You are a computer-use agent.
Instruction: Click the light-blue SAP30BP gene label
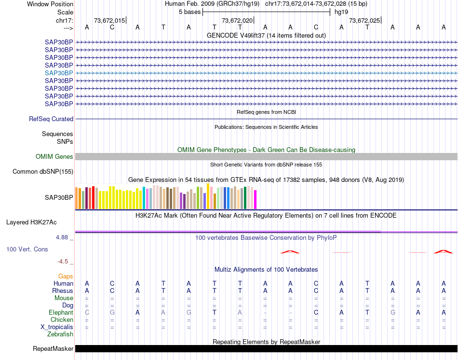[59, 73]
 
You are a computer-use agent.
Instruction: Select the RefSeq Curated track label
[51, 119]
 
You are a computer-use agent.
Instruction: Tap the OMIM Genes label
[54, 157]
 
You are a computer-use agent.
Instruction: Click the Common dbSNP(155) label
[43, 172]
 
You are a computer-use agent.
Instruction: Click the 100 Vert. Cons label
[27, 249]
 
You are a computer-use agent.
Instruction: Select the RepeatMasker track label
[53, 349]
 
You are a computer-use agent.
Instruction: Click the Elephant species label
[61, 313]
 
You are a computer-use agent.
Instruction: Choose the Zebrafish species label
[60, 334]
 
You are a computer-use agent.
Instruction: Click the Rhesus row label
[63, 291]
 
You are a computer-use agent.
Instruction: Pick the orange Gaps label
[66, 276]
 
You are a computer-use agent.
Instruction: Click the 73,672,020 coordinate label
[237, 21]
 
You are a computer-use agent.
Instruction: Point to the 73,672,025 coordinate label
[364, 21]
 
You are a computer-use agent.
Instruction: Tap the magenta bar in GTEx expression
[256, 200]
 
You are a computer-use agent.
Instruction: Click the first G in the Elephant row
[112, 313]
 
